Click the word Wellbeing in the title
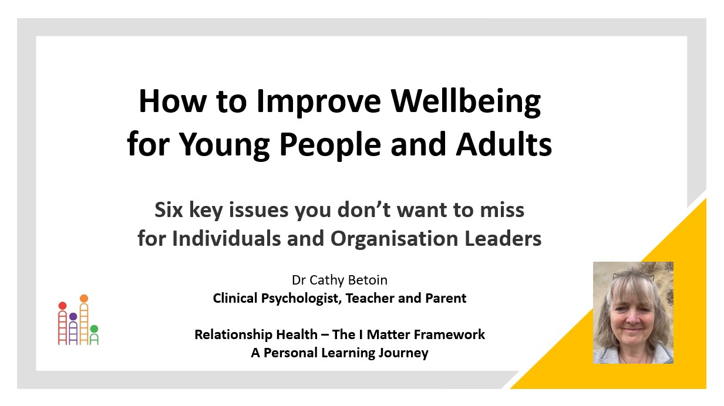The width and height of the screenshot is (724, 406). tap(466, 102)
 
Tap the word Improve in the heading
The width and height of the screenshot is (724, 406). tap(319, 102)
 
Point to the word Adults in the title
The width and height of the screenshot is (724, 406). tap(504, 144)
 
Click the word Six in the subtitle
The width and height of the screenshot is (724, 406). tap(169, 210)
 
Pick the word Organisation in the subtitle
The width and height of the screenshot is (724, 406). tap(394, 239)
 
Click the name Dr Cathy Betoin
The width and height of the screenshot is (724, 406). tap(339, 280)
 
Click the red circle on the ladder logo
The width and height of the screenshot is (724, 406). tap(62, 306)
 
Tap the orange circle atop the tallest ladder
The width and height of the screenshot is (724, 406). tap(84, 299)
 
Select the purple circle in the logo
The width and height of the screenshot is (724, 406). tap(73, 316)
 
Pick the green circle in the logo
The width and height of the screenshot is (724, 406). tap(94, 329)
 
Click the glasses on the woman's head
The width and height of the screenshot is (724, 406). tap(633, 275)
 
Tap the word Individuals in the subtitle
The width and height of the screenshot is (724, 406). tap(226, 239)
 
